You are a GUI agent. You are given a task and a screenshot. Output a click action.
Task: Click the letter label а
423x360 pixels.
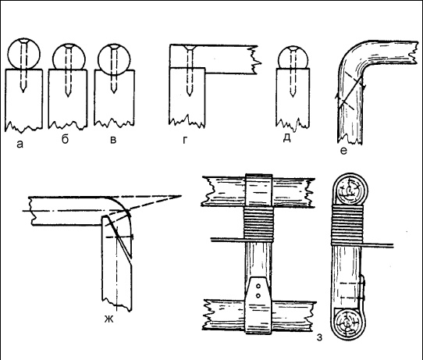20,144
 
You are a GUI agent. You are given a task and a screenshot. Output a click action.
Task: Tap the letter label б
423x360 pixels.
65,139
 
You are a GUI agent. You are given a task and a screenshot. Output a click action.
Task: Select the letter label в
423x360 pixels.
113,140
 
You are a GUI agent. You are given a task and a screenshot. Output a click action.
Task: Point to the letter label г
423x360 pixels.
185,140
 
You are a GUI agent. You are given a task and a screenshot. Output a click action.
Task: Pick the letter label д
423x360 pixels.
286,137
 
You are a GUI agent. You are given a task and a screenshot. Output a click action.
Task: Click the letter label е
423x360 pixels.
343,151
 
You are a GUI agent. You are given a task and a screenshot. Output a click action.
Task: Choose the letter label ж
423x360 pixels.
109,319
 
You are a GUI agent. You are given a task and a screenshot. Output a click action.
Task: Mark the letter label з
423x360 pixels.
319,337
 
